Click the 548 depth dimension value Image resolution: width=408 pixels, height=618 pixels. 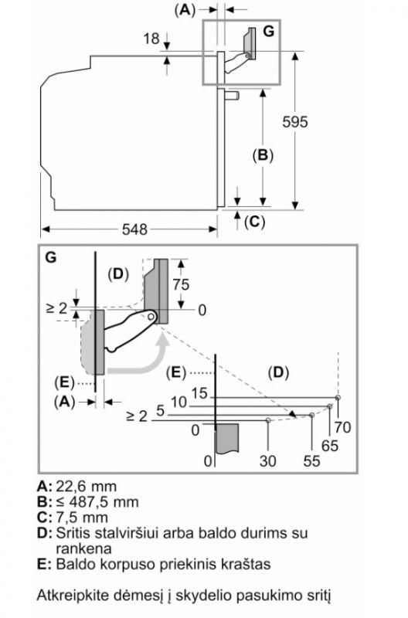tap(134, 229)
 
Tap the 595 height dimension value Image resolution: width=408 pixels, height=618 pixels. tap(295, 122)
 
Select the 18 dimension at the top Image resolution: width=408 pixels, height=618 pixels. tap(151, 39)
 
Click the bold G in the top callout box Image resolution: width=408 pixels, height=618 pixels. tap(268, 31)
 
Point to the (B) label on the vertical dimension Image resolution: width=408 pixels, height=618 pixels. tap(263, 155)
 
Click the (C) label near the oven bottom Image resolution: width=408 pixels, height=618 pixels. tap(255, 222)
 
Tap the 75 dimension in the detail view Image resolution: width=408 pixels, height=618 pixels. tap(181, 284)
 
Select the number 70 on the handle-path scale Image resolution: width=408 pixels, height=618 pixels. tap(342, 427)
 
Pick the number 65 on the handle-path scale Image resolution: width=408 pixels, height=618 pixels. tap(329, 446)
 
